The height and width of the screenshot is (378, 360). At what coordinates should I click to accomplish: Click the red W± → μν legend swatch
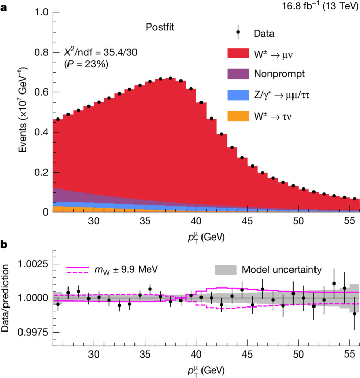pos(238,53)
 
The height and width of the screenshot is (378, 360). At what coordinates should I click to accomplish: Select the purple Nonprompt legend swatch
pos(238,74)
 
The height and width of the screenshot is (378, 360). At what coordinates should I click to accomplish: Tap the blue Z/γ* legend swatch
pos(238,95)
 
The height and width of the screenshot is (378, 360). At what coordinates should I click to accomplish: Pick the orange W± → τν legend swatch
pos(238,116)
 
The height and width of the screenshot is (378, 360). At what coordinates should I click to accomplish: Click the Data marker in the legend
pos(238,32)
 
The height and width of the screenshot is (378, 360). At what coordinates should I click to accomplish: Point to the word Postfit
pos(160,27)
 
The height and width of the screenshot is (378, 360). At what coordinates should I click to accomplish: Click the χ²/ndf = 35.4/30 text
pos(101,52)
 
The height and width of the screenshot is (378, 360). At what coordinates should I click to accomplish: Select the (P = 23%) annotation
pos(86,64)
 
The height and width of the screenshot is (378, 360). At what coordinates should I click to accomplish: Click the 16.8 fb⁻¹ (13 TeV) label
pos(321,6)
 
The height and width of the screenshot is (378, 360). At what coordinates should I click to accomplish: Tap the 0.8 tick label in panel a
pos(41,52)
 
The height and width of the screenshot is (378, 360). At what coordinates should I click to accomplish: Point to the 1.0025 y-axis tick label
pos(33,264)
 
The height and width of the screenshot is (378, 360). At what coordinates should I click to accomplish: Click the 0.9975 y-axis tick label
pos(33,332)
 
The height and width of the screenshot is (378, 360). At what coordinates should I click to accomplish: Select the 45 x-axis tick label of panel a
pos(247,221)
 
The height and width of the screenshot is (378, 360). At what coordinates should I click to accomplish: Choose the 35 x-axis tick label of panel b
pos(145,354)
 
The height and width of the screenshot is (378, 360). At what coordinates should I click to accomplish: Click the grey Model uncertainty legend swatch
pos(226,270)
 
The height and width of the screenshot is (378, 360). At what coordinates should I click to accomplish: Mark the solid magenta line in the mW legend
pos(78,267)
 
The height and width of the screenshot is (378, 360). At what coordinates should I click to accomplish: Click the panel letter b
pos(4,245)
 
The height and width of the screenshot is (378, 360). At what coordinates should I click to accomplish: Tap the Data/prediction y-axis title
pos(5,298)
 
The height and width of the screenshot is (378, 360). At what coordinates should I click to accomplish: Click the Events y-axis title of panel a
pos(22,110)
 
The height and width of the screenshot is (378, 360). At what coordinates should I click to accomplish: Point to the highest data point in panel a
pos(171,78)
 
